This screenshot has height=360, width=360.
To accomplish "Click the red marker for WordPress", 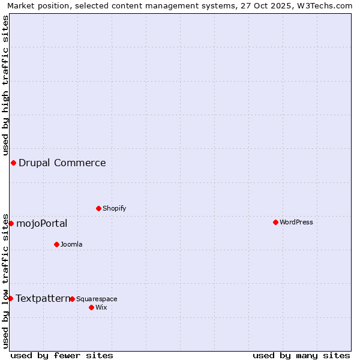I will click(x=275, y=222).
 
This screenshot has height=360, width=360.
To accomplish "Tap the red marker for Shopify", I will click(x=98, y=208).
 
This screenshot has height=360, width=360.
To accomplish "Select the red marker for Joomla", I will click(x=56, y=244).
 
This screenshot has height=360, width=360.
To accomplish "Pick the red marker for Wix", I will click(x=91, y=307).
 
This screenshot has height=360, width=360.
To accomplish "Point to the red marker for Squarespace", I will click(x=72, y=299).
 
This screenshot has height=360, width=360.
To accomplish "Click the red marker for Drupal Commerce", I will click(x=13, y=163).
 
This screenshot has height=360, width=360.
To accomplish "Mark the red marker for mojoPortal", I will click(x=11, y=223).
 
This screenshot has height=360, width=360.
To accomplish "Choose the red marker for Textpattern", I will click(x=10, y=298).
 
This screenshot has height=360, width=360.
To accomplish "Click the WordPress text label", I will click(x=296, y=222).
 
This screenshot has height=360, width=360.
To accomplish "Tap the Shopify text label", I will click(x=114, y=208).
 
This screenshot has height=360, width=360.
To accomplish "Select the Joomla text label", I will click(x=71, y=244).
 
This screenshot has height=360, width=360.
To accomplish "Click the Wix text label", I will click(x=101, y=307).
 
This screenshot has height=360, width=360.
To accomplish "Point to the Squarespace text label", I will click(x=97, y=299).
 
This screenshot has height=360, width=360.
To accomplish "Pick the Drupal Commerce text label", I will click(x=62, y=163).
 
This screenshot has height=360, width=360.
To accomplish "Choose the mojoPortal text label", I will click(x=41, y=223).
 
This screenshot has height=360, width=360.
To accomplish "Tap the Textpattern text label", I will click(x=43, y=298).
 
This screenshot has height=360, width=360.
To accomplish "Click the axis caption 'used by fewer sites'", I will click(x=62, y=355).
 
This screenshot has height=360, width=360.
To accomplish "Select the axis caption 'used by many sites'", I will click(x=301, y=355).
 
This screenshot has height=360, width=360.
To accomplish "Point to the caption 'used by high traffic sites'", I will click(x=5, y=85).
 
